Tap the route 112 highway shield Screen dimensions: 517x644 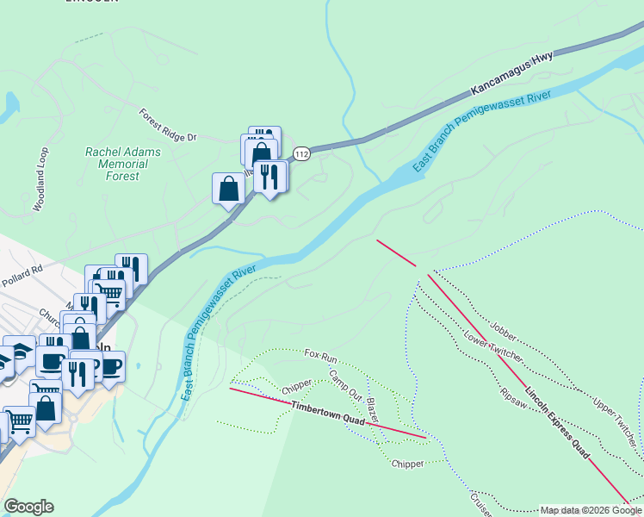(300, 153)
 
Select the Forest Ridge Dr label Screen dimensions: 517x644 (168, 125)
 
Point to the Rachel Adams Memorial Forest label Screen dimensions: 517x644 (122, 164)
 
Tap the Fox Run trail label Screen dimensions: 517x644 (319, 354)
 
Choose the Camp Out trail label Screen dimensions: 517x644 (345, 383)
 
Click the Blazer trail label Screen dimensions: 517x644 (373, 410)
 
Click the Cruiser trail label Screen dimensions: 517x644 (480, 503)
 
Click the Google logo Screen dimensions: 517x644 (28, 507)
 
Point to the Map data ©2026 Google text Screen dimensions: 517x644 (590, 510)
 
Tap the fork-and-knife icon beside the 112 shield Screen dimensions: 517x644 (270, 177)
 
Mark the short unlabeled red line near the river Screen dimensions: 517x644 (396, 252)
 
